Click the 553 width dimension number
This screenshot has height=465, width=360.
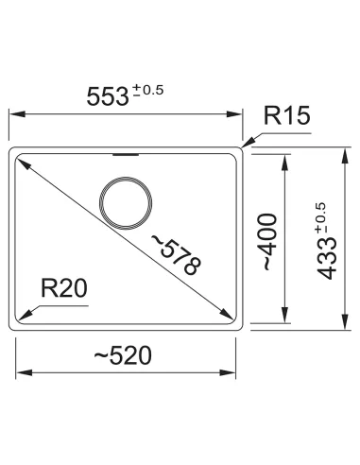pos(108,96)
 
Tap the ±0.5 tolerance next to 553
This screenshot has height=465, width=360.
pos(149,90)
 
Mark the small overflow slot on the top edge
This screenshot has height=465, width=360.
pos(124,151)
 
